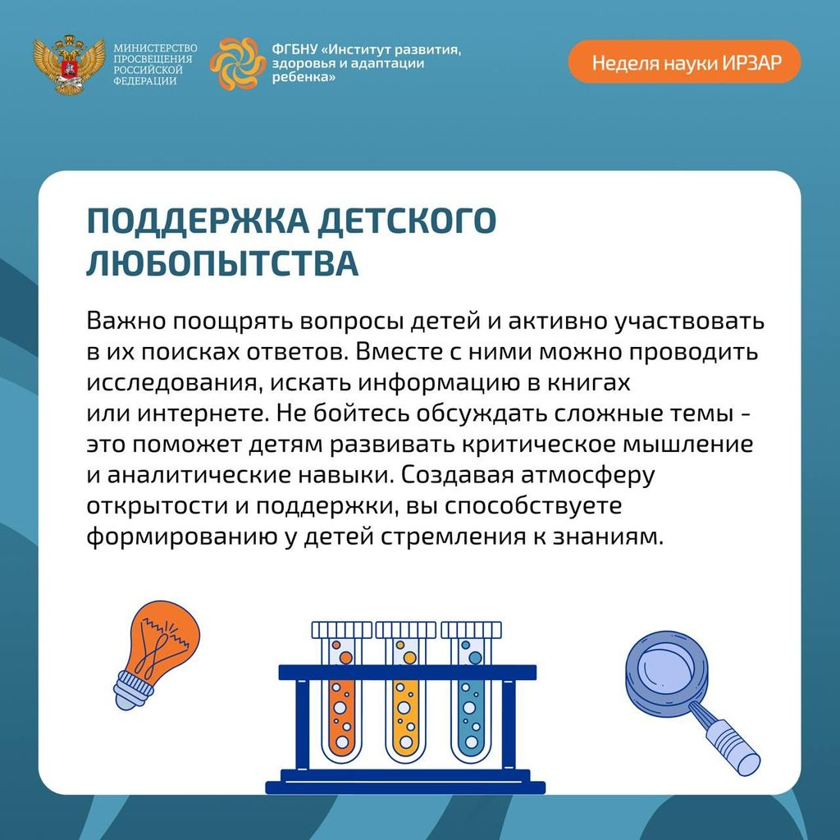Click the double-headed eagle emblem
[69, 65]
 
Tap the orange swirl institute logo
[237, 63]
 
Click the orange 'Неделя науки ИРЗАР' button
[684, 62]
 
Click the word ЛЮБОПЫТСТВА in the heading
[222, 262]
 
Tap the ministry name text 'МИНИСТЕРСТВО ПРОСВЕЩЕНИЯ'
[154, 53]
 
